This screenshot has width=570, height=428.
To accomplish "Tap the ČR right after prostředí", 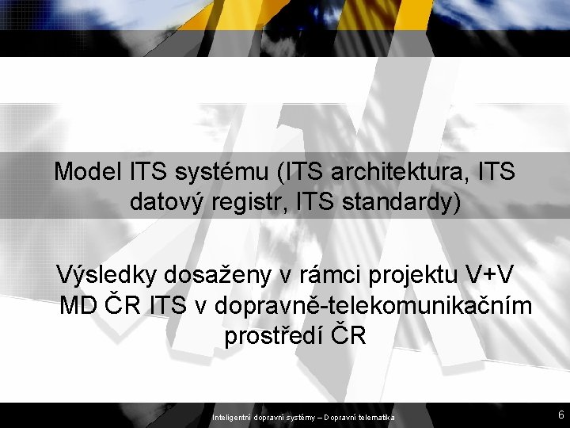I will [348, 335].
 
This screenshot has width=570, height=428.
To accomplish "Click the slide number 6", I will [560, 415].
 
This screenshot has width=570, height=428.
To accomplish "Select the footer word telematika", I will [382, 416].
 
